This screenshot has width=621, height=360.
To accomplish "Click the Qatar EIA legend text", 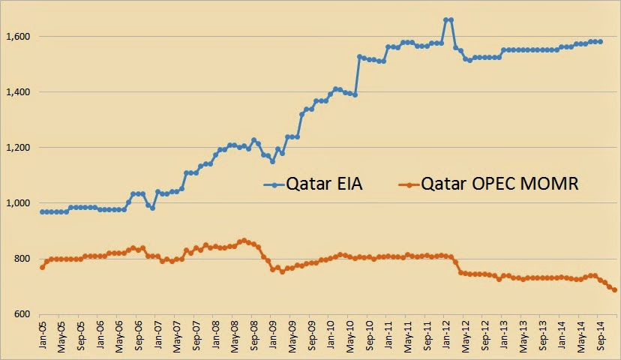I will (x=324, y=184).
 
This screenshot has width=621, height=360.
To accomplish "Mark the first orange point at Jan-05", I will (x=42, y=267).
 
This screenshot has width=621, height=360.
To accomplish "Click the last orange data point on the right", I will (x=614, y=289).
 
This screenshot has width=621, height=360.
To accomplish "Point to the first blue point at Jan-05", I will (x=42, y=212).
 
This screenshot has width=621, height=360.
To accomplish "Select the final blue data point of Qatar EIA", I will (x=600, y=41).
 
